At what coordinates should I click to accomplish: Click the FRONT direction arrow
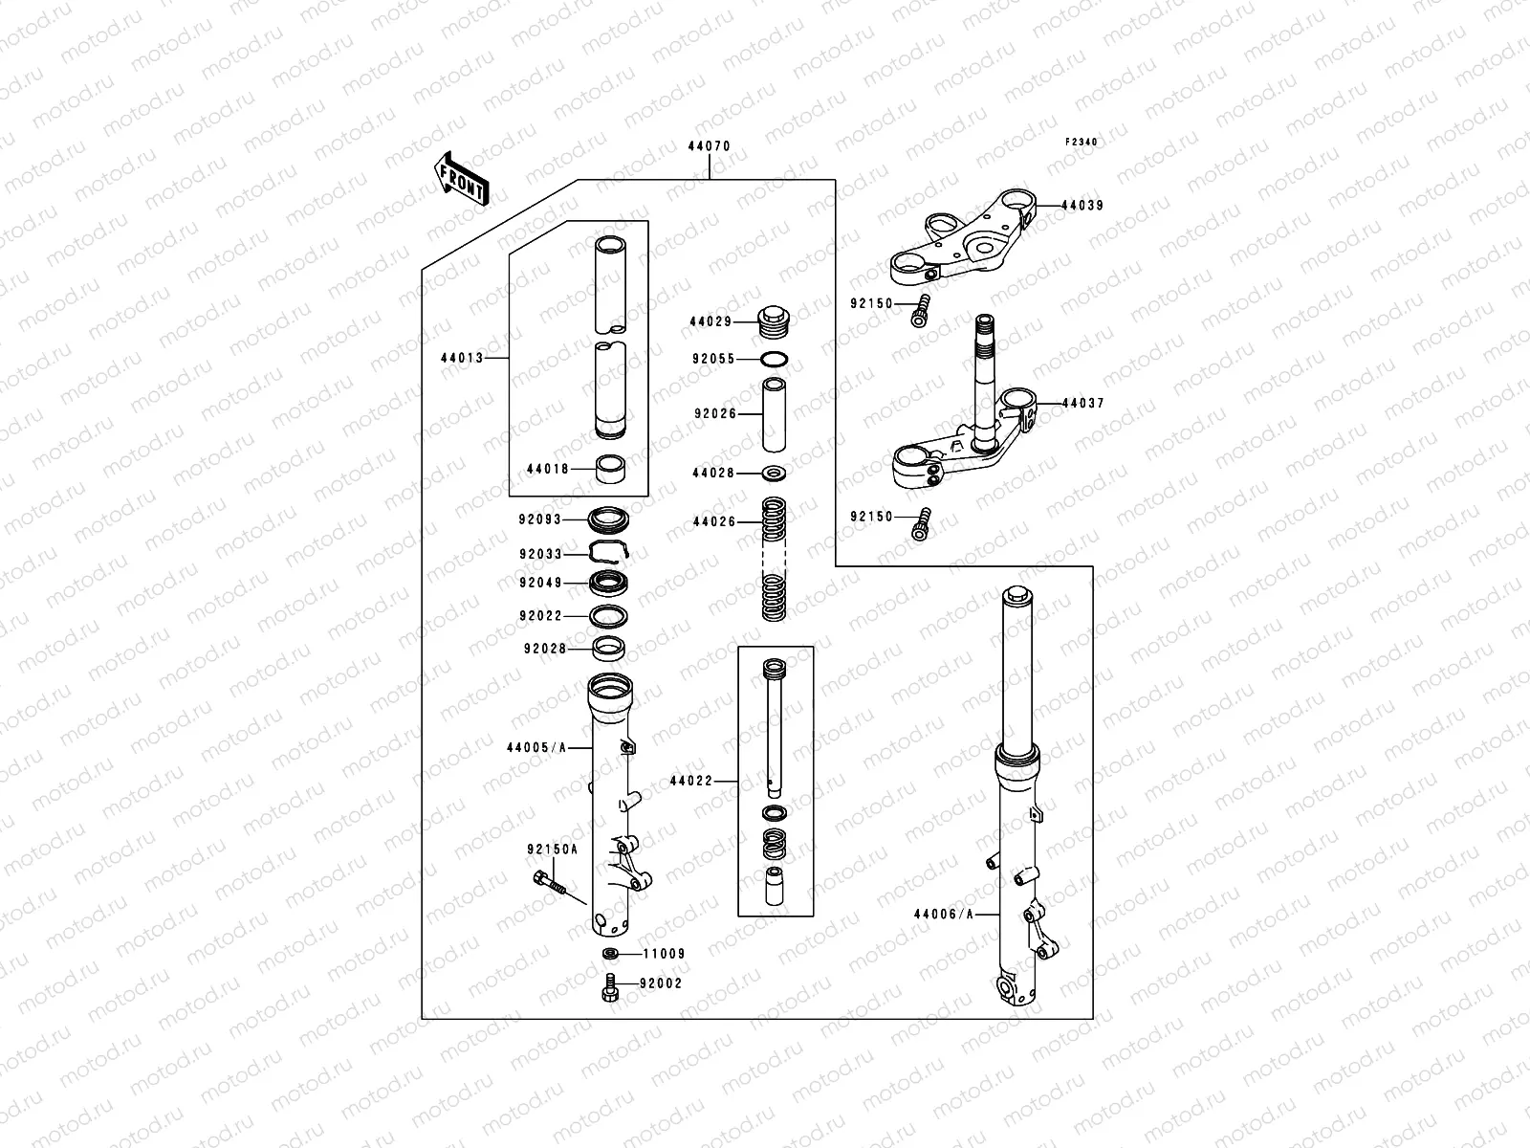[462, 177]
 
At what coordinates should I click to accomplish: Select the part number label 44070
[709, 147]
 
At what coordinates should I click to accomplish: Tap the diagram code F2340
[1082, 142]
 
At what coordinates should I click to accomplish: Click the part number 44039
[1082, 206]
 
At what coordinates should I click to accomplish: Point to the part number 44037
[1082, 404]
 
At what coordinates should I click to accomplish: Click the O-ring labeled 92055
[776, 360]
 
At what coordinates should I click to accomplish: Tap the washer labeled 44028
[775, 473]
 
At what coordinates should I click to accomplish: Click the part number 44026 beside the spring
[713, 522]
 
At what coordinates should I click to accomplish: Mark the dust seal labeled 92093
[609, 519]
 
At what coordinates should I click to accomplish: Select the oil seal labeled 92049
[609, 582]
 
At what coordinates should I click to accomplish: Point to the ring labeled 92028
[609, 649]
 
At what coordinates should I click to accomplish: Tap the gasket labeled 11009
[609, 953]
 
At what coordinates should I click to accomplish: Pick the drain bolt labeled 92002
[609, 986]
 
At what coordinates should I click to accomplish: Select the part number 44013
[462, 359]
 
